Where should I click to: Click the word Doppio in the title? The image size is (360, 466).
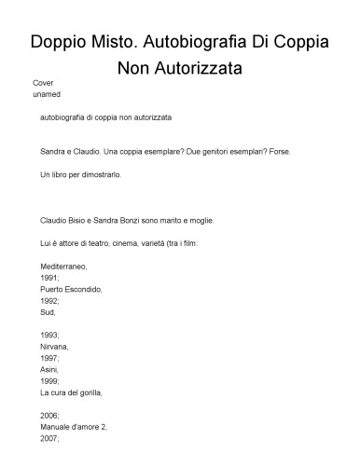[x=60, y=43]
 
